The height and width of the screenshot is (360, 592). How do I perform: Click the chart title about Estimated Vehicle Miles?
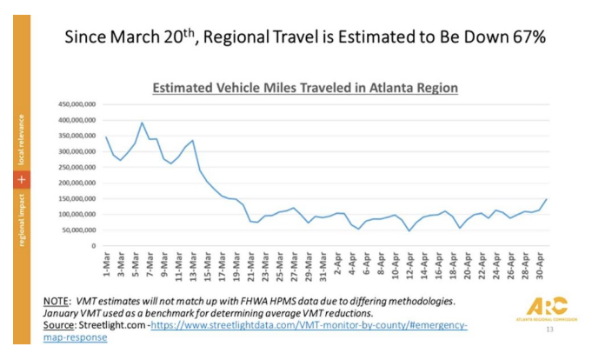click(305, 88)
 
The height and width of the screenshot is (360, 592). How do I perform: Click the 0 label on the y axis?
click(93, 246)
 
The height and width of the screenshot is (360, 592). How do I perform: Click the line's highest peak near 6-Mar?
click(143, 123)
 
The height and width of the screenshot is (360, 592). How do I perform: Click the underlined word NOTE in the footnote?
click(57, 301)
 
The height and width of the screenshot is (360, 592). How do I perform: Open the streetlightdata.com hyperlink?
click(287, 325)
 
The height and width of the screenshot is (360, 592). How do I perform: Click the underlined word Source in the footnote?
click(60, 325)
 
